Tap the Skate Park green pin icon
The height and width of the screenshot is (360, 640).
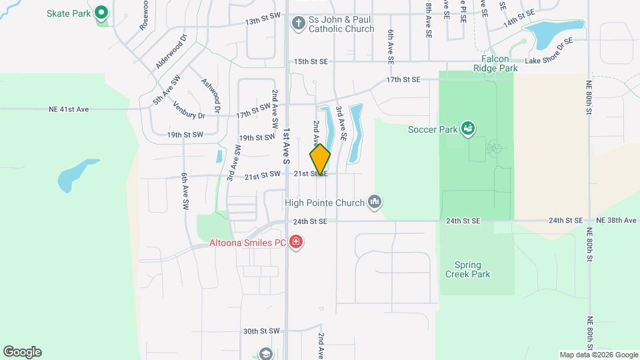pos(101,12)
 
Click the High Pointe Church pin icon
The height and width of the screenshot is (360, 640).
pos(375,202)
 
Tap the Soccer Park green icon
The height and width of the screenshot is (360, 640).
pos(468,127)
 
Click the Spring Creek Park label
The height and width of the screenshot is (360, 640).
pos(467,269)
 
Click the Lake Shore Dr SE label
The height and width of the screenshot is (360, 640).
pos(549,61)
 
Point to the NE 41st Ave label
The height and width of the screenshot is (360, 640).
pos(69,109)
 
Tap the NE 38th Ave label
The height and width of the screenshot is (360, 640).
pos(617,220)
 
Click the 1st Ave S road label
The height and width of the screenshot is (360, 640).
pos(287,147)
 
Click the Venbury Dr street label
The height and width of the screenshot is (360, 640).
pos(189,109)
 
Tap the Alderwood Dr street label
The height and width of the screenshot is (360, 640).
pos(172,52)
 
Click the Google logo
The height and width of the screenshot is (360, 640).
pos(22,352)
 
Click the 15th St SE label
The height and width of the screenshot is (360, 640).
pos(311,61)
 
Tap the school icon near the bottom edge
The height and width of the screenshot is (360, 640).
pos(265,353)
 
